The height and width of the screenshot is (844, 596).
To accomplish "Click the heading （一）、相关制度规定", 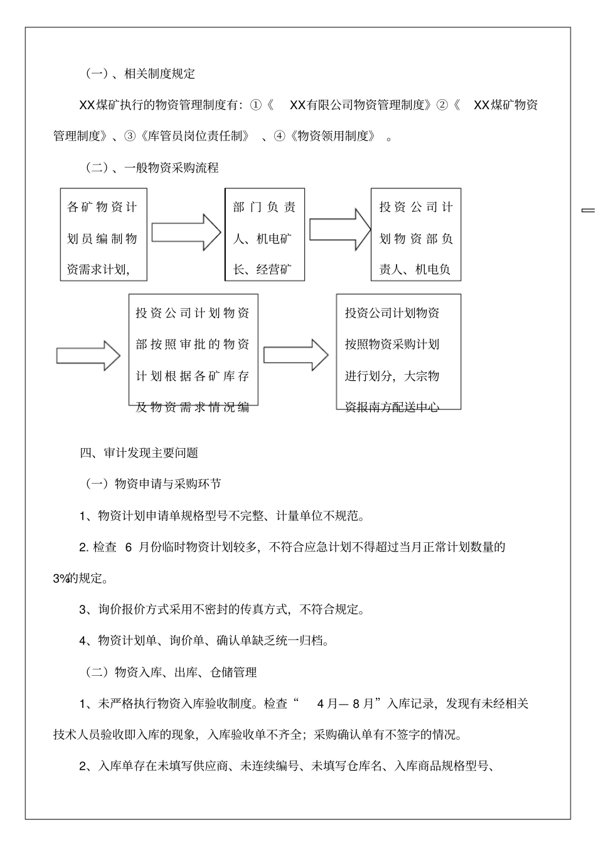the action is pos(140,74).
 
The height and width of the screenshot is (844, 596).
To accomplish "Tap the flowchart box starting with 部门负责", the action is pos(264,235).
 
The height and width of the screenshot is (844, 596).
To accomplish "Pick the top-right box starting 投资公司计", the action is pos(415,235).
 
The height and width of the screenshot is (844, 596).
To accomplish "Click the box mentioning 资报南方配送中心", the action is pos(398,351).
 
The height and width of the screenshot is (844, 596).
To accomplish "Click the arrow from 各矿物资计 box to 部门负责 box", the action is pos(186,232).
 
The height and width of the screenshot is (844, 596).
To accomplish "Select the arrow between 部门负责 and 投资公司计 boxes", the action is pos(339,229).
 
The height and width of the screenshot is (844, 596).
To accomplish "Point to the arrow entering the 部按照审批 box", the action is pos(88,356).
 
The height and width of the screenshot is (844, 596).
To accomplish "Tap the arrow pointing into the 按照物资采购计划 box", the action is pos(295,355).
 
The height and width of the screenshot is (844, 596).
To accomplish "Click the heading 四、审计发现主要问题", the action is pos(139,452).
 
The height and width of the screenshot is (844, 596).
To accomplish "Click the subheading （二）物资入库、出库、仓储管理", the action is pos(170,672).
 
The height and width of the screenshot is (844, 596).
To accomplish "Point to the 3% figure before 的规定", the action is pos(61,579).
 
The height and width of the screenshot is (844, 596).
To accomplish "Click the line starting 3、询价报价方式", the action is pos(221,609).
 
